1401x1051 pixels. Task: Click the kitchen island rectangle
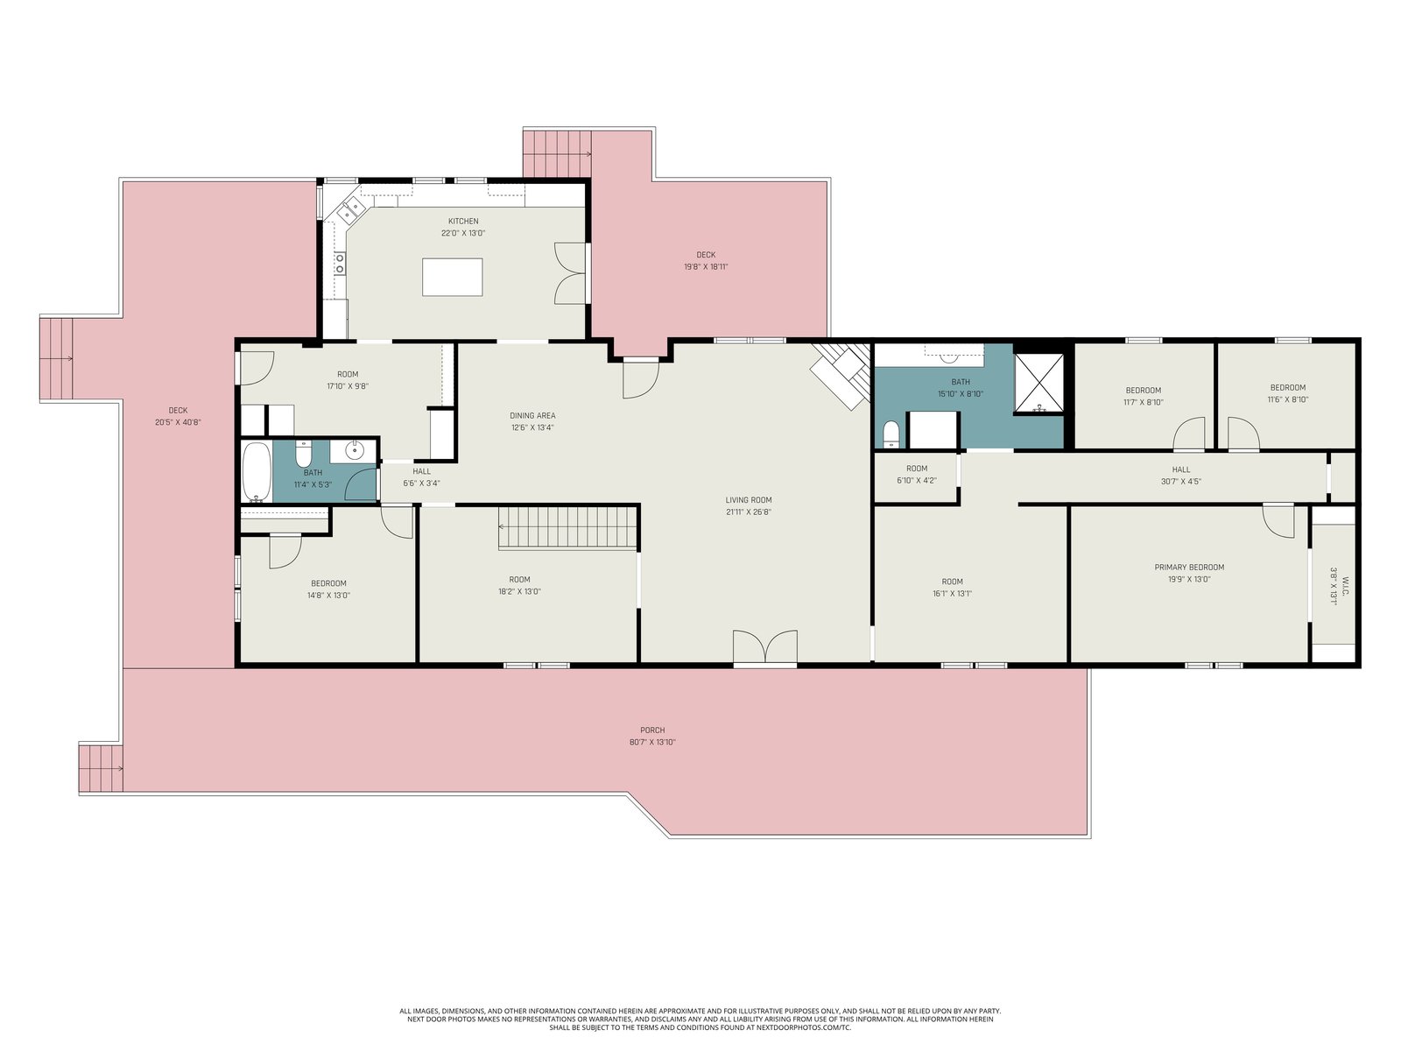[x=452, y=277]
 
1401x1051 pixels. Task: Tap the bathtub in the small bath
[x=257, y=472]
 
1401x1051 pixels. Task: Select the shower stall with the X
[x=1038, y=383]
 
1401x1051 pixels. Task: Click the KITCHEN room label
[x=463, y=222]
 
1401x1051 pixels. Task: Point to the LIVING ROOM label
[x=748, y=499]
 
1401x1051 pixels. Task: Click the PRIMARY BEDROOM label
[x=1189, y=567]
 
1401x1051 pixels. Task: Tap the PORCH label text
[x=652, y=730]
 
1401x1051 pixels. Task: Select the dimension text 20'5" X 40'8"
[x=178, y=422]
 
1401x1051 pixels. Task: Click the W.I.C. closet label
[x=1345, y=587]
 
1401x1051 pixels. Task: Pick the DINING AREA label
[x=532, y=415]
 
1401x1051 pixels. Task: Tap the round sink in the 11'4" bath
[x=355, y=451]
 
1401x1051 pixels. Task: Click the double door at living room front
[x=764, y=647]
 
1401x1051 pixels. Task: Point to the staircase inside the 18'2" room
[x=568, y=527]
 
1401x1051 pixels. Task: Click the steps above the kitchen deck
[x=557, y=154]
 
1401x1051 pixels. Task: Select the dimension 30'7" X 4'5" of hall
[x=1181, y=481]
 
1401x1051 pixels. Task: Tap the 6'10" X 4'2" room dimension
[x=917, y=480]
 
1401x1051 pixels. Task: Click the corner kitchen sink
[x=351, y=209]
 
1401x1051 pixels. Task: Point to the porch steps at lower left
[x=101, y=768]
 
